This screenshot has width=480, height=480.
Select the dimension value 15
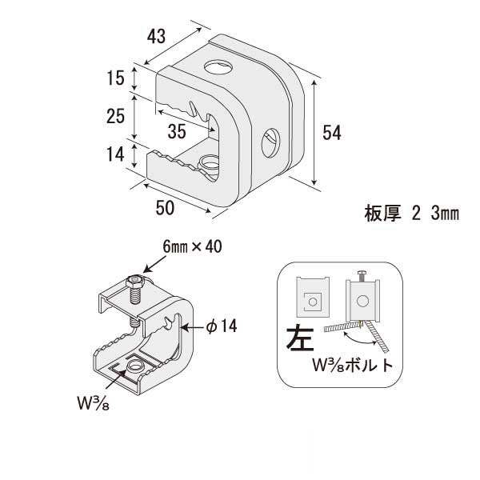coord(114,78)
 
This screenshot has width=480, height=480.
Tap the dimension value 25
coord(114,116)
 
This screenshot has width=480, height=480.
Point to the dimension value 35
coord(178,130)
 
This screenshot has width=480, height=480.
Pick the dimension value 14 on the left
coord(114,155)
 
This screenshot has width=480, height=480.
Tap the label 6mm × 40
coord(191,247)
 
